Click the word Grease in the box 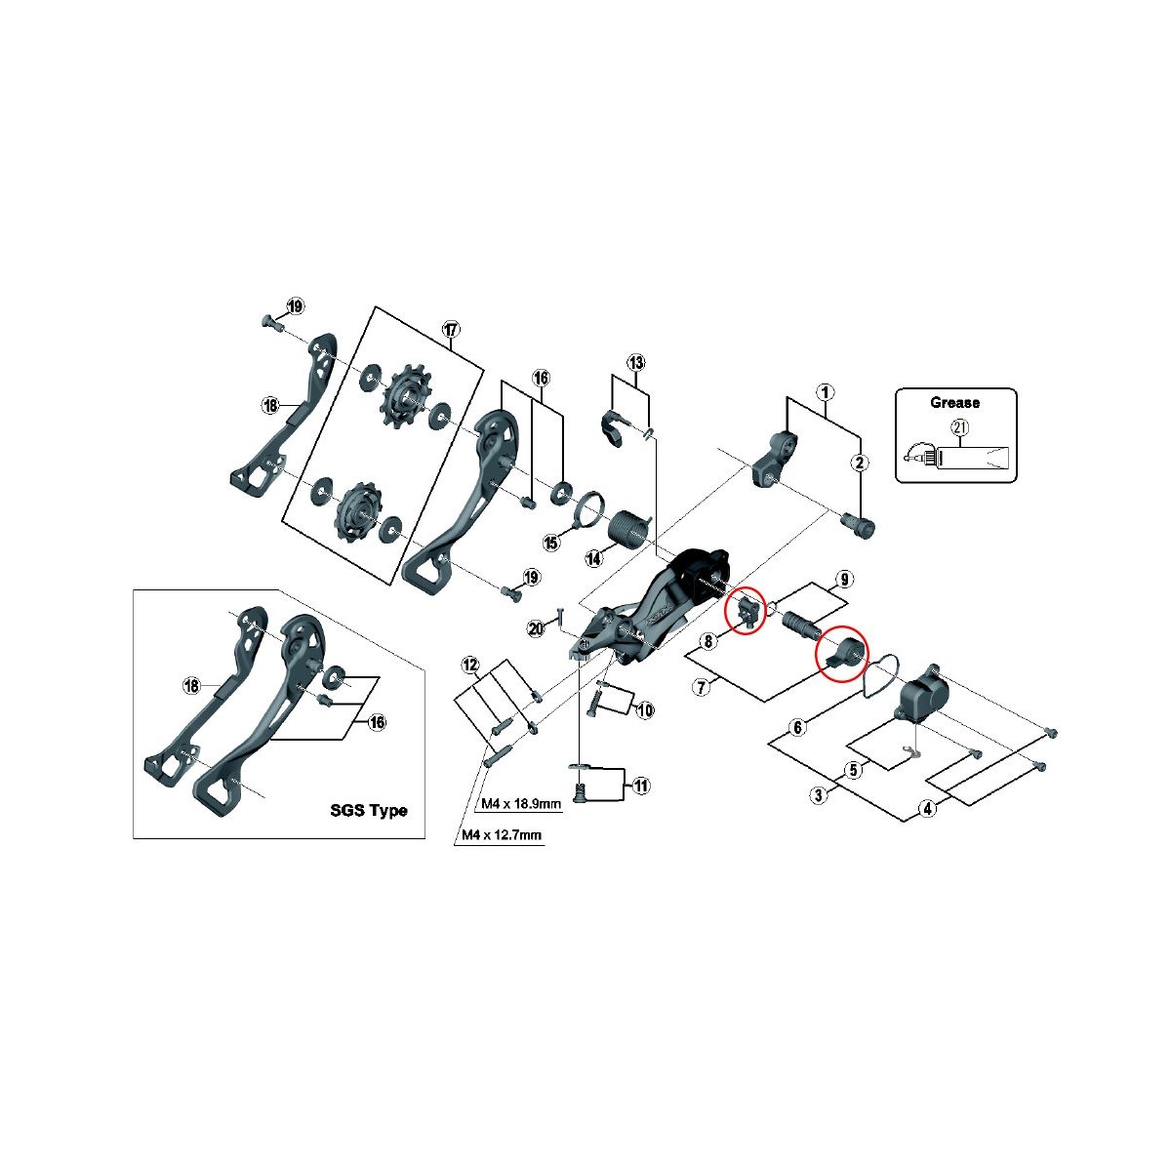pyautogui.click(x=954, y=402)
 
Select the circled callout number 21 pyautogui.click(x=957, y=427)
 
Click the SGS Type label pyautogui.click(x=368, y=810)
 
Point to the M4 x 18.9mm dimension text pyautogui.click(x=522, y=804)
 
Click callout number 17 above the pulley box pyautogui.click(x=450, y=330)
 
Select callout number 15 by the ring pyautogui.click(x=551, y=543)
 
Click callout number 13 pyautogui.click(x=636, y=363)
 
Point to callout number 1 pyautogui.click(x=826, y=392)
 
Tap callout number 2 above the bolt pyautogui.click(x=860, y=463)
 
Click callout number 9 pyautogui.click(x=844, y=580)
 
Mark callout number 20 pyautogui.click(x=535, y=629)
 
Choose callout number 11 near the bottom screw pyautogui.click(x=640, y=785)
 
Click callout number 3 pyautogui.click(x=819, y=795)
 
